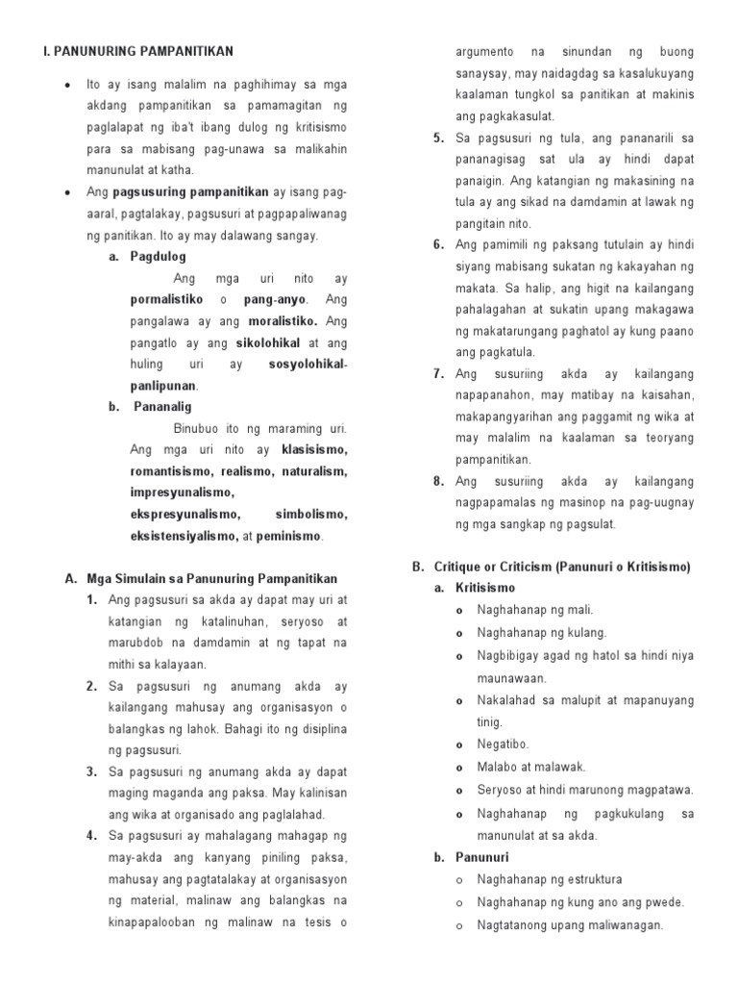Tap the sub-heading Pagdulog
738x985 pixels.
[158, 257]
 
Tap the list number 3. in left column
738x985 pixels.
[92, 771]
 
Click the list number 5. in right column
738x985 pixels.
[438, 139]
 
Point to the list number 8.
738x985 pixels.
[438, 481]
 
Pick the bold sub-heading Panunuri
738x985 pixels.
[482, 857]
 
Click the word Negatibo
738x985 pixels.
[503, 744]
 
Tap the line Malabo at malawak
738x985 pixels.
[530, 767]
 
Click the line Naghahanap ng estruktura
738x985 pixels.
[549, 879]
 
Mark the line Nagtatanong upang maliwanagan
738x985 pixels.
[570, 925]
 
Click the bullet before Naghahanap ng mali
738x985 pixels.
[462, 610]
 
